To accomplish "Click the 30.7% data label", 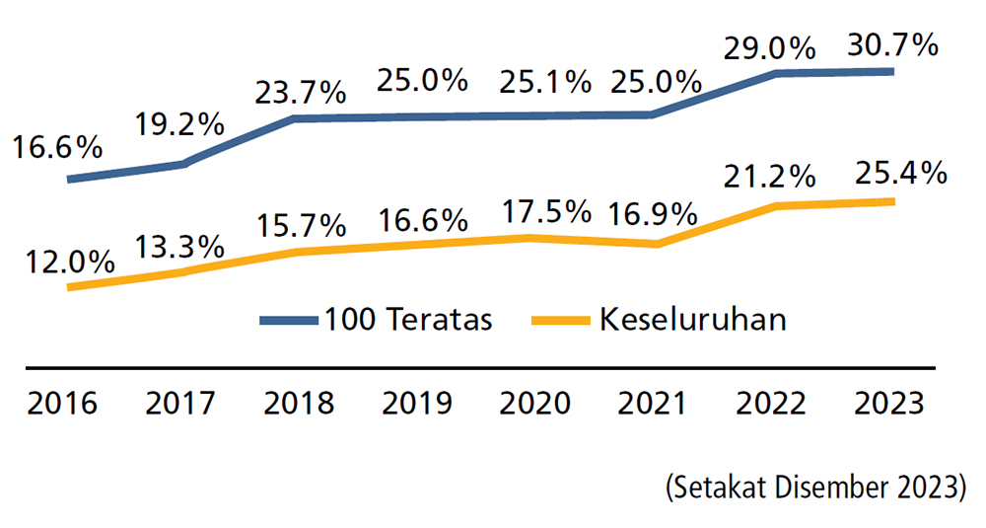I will tap(891, 45).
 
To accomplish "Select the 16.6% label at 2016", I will tap(57, 148).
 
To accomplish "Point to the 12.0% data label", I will tap(70, 262).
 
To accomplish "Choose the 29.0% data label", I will tap(769, 46).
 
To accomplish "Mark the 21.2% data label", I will tap(769, 178).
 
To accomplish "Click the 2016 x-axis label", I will tap(62, 404).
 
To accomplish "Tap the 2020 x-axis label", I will tap(534, 404).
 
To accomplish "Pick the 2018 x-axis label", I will tap(300, 404).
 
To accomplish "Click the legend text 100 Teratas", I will tap(408, 320).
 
